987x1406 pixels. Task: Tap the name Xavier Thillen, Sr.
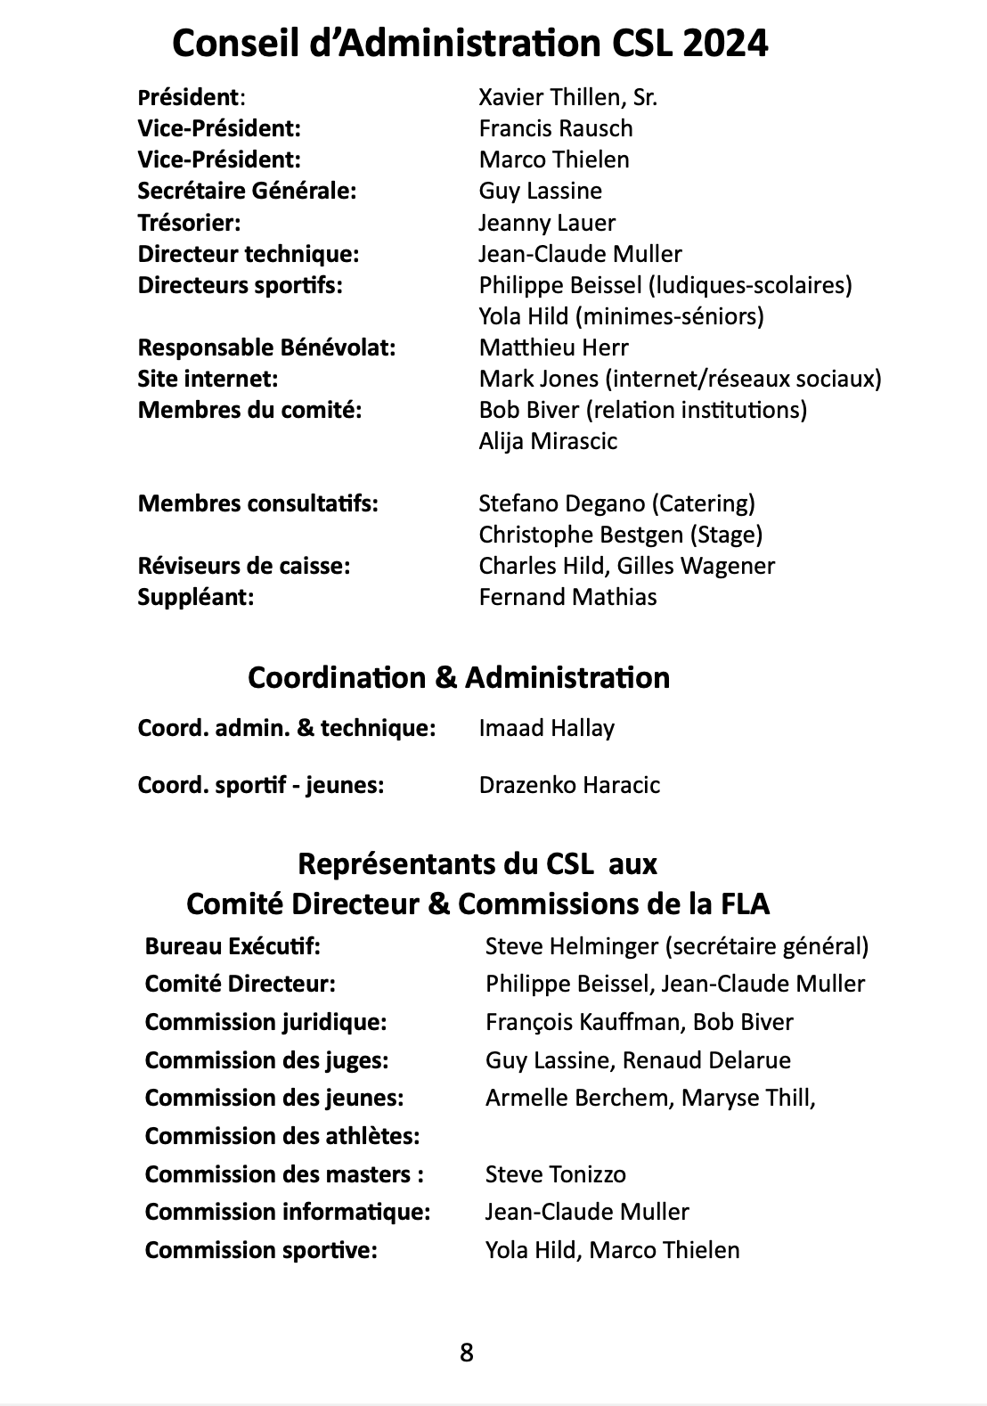click(567, 97)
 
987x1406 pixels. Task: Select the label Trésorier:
click(189, 223)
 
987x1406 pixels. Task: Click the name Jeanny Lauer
click(547, 223)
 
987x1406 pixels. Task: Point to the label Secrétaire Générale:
click(247, 191)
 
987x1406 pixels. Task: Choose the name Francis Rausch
click(556, 128)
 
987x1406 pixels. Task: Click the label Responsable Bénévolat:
click(266, 347)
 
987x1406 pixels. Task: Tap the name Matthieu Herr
click(553, 347)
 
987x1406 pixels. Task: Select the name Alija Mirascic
click(548, 441)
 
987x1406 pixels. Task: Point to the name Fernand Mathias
click(567, 597)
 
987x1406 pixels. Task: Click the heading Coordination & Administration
click(459, 678)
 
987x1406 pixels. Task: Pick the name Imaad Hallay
click(546, 729)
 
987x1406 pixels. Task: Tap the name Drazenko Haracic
click(569, 785)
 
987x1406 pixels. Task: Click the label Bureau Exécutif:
click(232, 946)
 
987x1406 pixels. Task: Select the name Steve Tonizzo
click(555, 1174)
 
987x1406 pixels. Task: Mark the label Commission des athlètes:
click(282, 1136)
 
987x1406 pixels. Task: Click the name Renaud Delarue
click(706, 1060)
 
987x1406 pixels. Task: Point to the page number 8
click(467, 1353)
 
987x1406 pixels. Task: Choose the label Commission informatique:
click(288, 1212)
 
